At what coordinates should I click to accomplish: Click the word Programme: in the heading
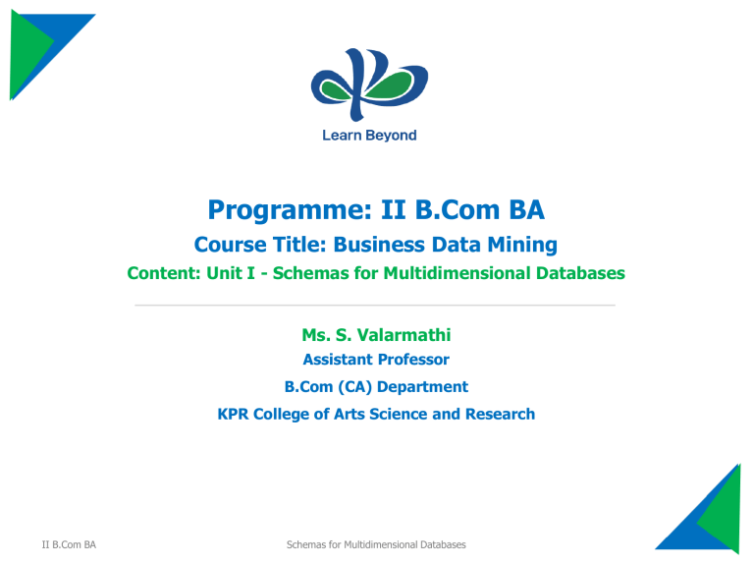coord(291,211)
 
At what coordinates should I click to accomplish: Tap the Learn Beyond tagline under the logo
coord(369,136)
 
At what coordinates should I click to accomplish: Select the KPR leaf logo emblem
coord(369,85)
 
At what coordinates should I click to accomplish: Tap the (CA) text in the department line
coord(354,387)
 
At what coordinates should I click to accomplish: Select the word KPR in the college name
coord(234,414)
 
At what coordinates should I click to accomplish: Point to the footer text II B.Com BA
coord(69,544)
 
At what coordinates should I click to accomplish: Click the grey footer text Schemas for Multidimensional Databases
coord(376,544)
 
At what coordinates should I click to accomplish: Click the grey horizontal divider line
coord(375,306)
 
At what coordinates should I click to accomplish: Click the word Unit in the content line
coord(224,273)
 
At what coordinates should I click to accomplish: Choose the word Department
coord(423,387)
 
